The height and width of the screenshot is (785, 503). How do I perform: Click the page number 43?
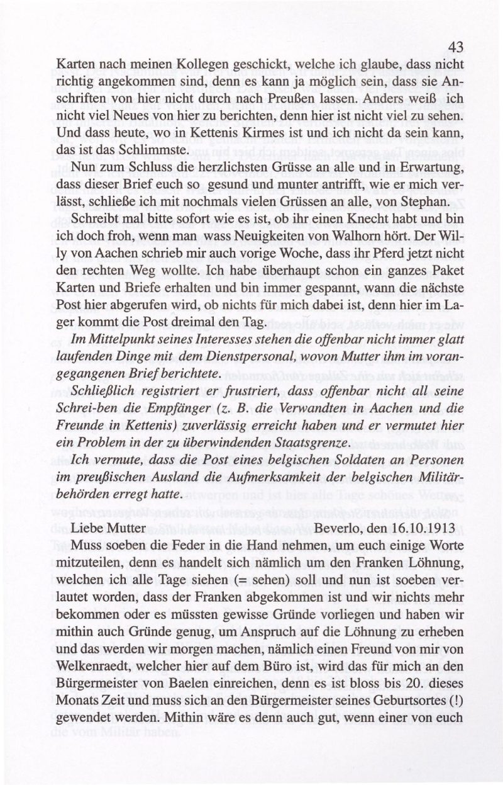[456, 47]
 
